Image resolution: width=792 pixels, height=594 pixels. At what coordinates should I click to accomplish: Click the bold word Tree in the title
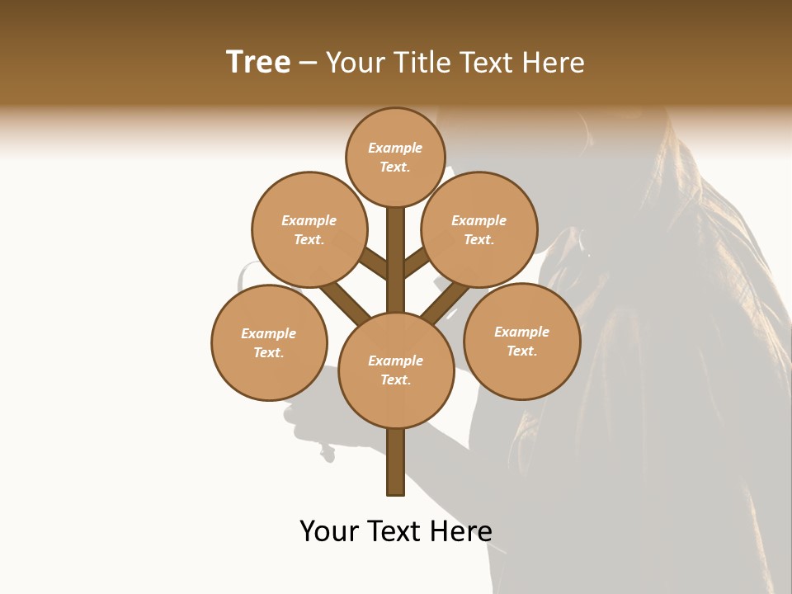258,63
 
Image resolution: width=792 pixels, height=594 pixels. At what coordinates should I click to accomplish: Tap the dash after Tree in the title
308,64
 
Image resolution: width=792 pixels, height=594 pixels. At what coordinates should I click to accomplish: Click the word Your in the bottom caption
330,531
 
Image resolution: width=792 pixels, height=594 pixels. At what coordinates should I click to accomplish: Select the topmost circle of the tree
395,157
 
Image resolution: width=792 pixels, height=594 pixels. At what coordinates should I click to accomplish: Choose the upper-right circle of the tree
479,229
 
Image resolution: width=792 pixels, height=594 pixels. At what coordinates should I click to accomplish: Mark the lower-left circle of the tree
269,342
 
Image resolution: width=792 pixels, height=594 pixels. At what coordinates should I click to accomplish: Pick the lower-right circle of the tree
521,341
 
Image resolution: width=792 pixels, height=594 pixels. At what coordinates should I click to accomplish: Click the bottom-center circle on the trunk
396,370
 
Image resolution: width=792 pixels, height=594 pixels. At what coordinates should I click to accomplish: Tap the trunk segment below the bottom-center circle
396,462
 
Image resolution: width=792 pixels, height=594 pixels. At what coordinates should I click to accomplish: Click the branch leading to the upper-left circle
373,264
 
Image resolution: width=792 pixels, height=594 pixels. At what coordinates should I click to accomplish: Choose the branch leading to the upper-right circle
417,262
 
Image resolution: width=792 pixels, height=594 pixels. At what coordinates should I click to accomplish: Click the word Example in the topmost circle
395,148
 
